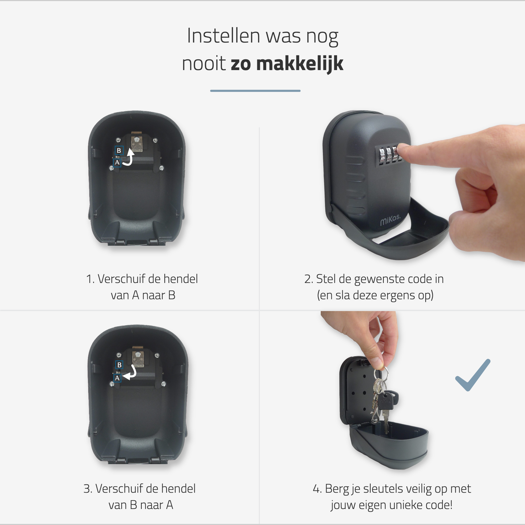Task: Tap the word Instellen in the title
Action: (x=224, y=36)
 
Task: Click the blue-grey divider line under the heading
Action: (x=255, y=91)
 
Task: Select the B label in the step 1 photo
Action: (x=119, y=150)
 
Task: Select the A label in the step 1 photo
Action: (x=117, y=162)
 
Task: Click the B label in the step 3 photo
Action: (x=119, y=365)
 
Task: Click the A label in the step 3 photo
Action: (x=117, y=378)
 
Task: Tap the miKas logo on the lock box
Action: (x=391, y=219)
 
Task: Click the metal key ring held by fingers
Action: (x=380, y=373)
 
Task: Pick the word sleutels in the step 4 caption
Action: (x=383, y=489)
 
